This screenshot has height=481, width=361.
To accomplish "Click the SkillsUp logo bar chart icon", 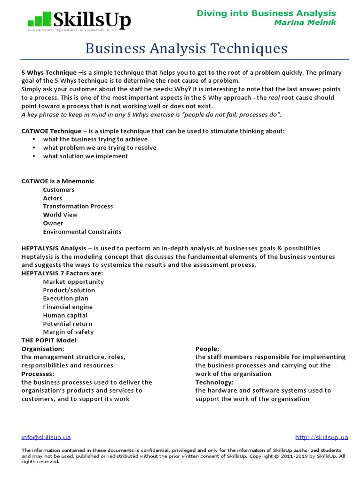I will click(x=39, y=20).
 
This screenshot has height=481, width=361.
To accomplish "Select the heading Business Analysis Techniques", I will click(x=186, y=48).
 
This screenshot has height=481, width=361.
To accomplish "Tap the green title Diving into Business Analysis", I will click(x=266, y=13).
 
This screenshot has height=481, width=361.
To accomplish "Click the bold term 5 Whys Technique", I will click(x=49, y=72).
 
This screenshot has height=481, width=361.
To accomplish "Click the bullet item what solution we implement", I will click(x=85, y=156).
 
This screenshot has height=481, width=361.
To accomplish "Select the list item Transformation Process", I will click(x=78, y=206).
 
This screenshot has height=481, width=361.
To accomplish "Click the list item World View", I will click(x=60, y=215).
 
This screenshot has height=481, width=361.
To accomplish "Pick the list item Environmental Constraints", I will click(x=82, y=232).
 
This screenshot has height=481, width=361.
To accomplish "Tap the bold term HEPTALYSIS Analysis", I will click(x=54, y=248).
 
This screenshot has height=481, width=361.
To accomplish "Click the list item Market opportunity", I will click(x=73, y=282).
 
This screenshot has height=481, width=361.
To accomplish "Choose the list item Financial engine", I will click(x=68, y=307).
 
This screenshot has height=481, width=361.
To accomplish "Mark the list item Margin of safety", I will click(x=68, y=332).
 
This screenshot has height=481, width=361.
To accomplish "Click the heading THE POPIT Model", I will click(x=49, y=340).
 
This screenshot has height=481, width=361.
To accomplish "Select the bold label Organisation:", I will click(x=43, y=349).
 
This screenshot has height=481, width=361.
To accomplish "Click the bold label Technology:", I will click(x=212, y=382).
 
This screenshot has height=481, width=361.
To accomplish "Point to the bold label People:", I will click(x=207, y=349).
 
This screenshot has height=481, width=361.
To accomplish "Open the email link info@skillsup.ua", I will click(x=46, y=437).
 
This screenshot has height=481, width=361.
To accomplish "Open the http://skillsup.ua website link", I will click(x=322, y=437).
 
